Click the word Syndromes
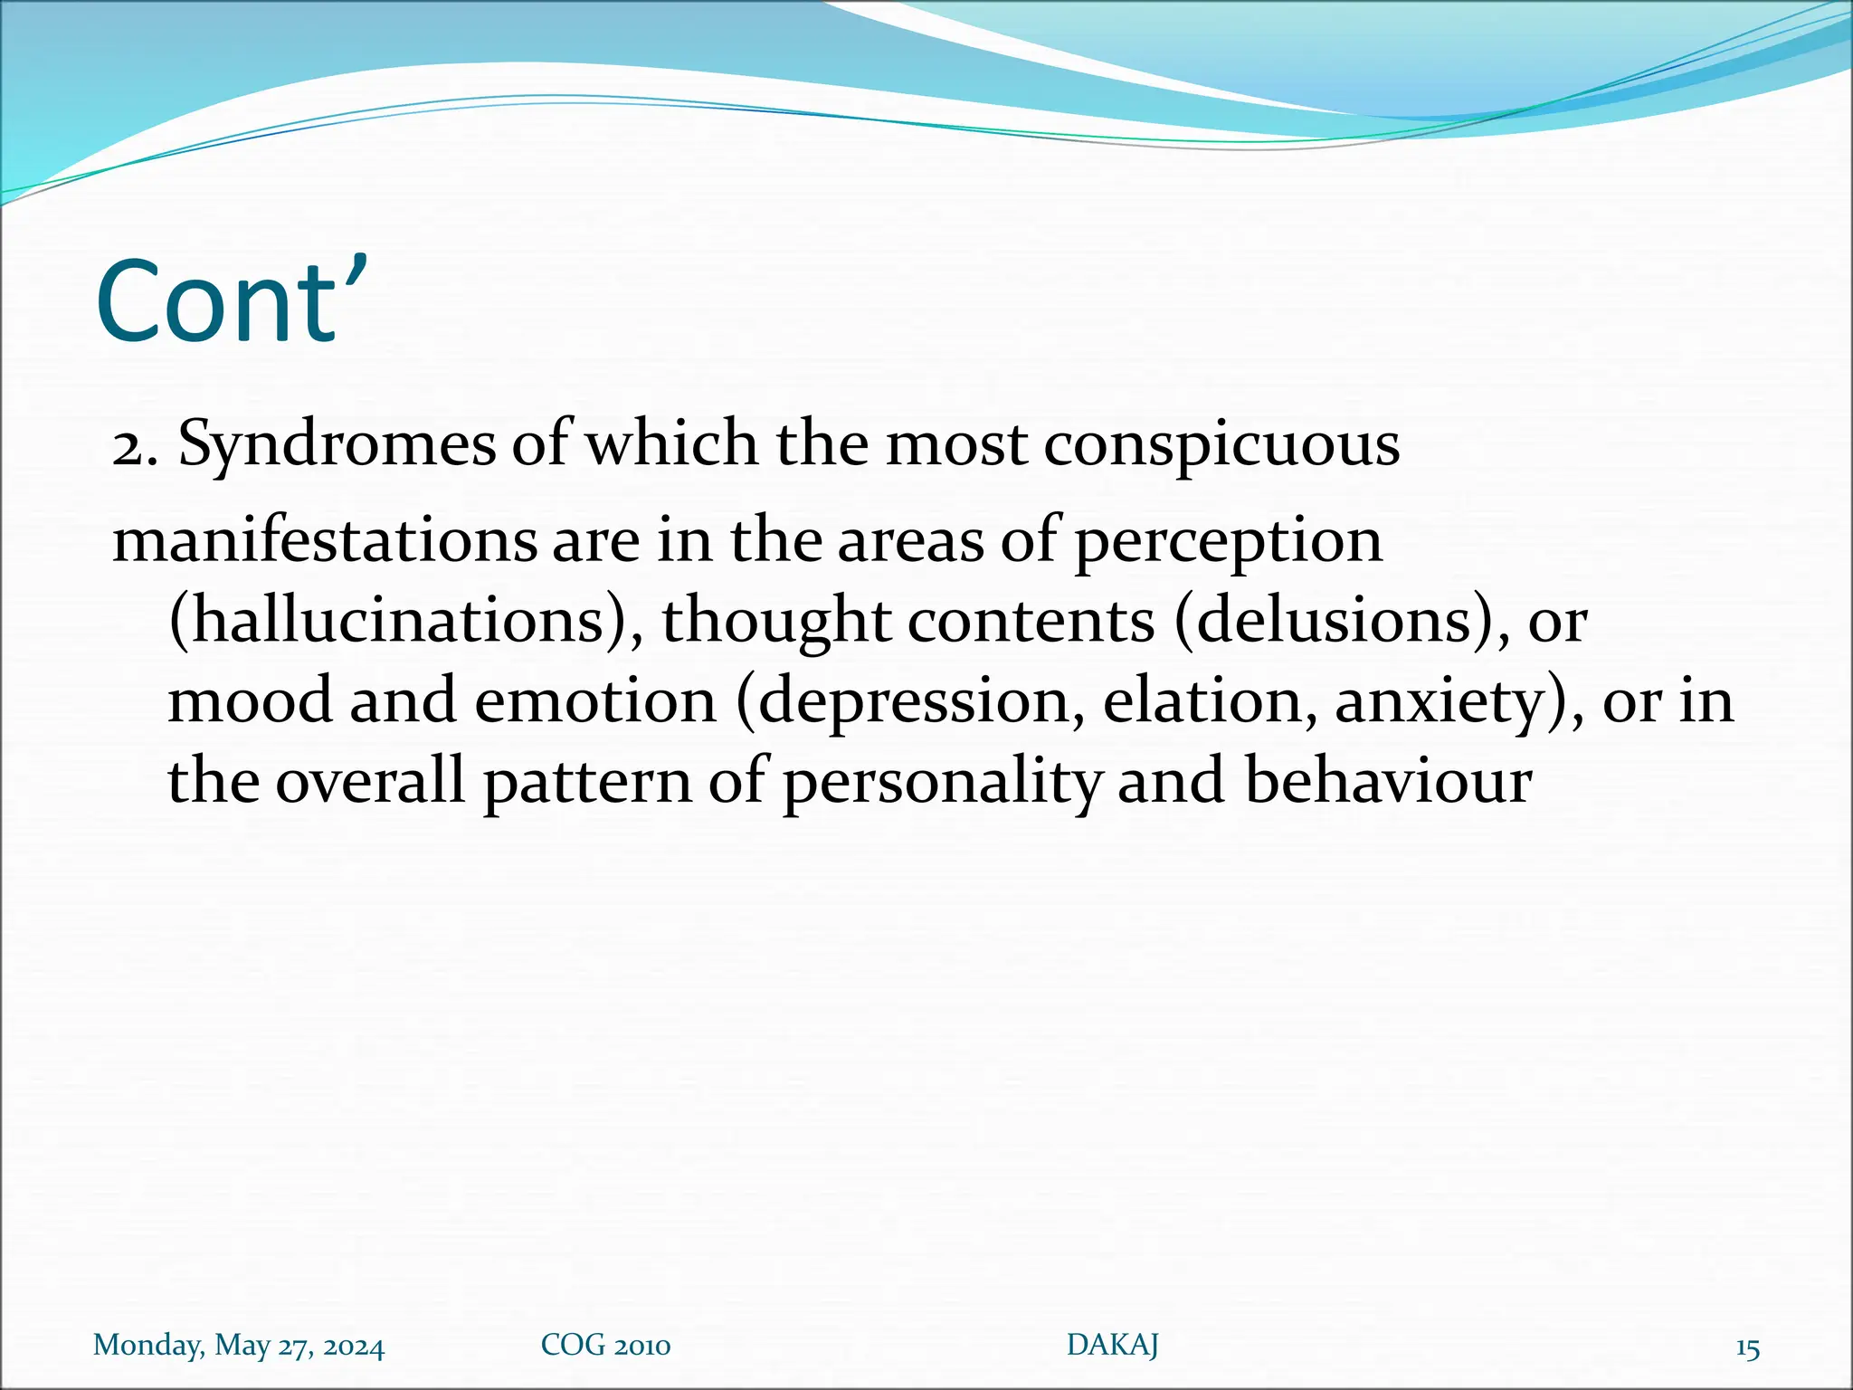pos(337,445)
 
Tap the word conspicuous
pos(1221,445)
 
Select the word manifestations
pos(325,541)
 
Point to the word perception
pos(1228,541)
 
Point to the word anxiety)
pos(1459,701)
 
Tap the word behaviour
pos(1388,781)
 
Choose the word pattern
pos(587,781)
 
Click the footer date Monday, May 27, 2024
pos(239,1346)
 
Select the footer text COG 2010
pos(605,1346)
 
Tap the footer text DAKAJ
pos(1112,1346)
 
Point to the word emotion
pos(594,701)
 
